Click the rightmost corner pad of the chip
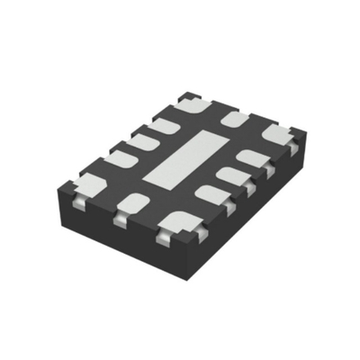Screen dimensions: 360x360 point(279,134)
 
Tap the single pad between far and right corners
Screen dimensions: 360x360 point(237,117)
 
